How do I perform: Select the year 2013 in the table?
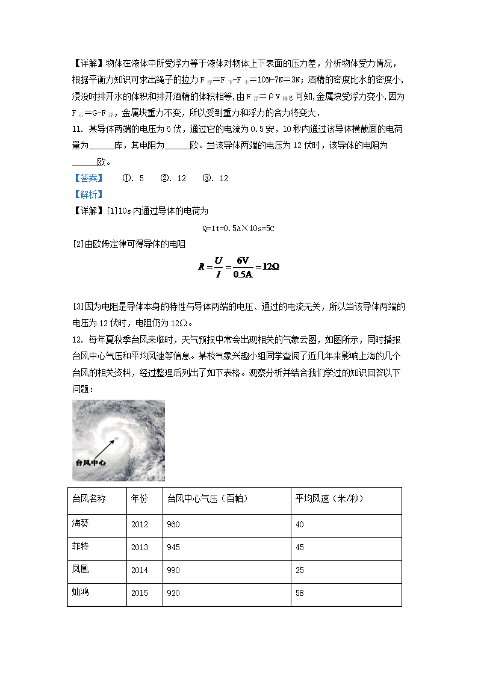coord(139,547)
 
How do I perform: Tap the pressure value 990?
coord(173,570)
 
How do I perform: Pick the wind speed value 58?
coord(300,593)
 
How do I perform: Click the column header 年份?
coord(139,499)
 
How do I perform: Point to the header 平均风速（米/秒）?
coord(329,499)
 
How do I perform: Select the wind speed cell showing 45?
coord(300,547)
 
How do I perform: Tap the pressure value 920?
coord(173,593)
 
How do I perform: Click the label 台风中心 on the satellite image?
coord(90,463)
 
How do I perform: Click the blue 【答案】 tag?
coord(88,178)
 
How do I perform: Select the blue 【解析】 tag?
coord(88,194)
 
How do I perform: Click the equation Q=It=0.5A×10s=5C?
coord(238,228)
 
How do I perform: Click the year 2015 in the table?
coord(139,593)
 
